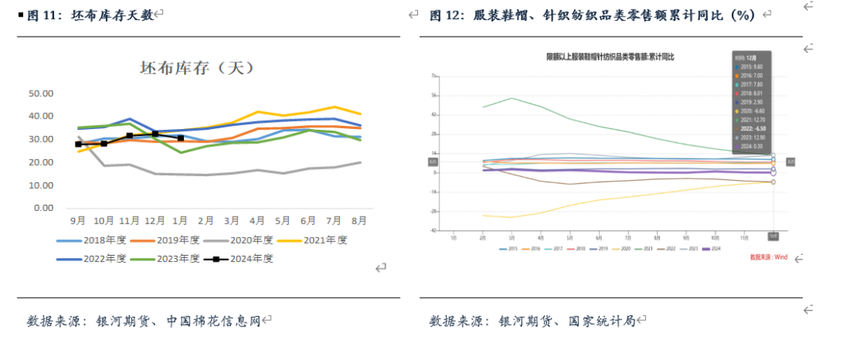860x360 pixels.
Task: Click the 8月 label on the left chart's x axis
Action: pyautogui.click(x=359, y=220)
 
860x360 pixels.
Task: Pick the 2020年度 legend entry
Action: pyautogui.click(x=246, y=239)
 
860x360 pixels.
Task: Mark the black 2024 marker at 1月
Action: pyautogui.click(x=181, y=139)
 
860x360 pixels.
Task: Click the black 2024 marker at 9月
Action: pyautogui.click(x=78, y=144)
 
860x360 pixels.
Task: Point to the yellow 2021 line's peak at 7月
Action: pyautogui.click(x=334, y=107)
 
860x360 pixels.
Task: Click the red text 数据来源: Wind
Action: pyautogui.click(x=768, y=257)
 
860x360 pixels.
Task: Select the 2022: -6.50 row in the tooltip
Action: pyautogui.click(x=752, y=127)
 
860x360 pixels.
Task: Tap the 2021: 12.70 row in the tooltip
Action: pyautogui.click(x=752, y=119)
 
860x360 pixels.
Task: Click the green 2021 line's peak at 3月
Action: pyautogui.click(x=512, y=98)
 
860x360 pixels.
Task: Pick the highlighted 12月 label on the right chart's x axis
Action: pyautogui.click(x=772, y=237)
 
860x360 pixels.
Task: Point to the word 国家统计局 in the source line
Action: pyautogui.click(x=601, y=321)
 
